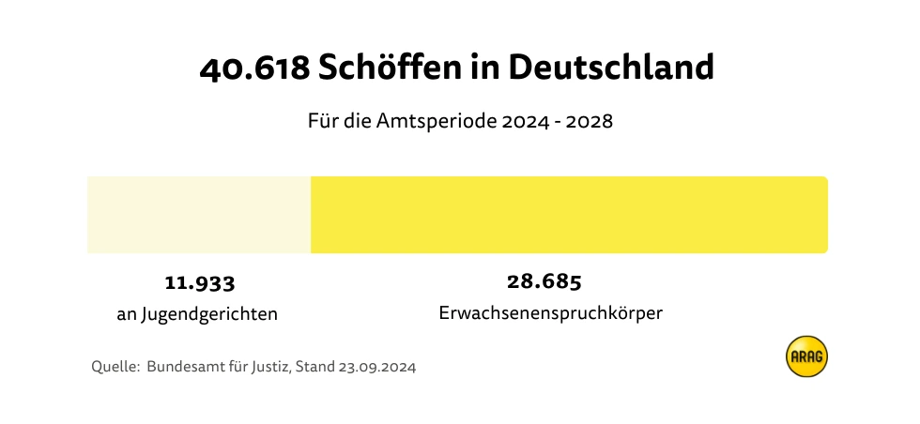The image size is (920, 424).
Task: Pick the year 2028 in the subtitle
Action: coord(587,122)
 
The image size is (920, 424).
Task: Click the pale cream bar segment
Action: coord(199,215)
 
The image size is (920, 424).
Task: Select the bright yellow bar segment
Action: coord(569,215)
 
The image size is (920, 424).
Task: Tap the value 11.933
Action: coord(199,282)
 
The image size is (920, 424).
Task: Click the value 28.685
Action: coord(544,281)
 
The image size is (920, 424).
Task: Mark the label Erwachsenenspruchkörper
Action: coord(551,313)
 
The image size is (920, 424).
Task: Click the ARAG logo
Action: coord(806,356)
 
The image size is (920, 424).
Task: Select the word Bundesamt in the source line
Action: coord(184,367)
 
